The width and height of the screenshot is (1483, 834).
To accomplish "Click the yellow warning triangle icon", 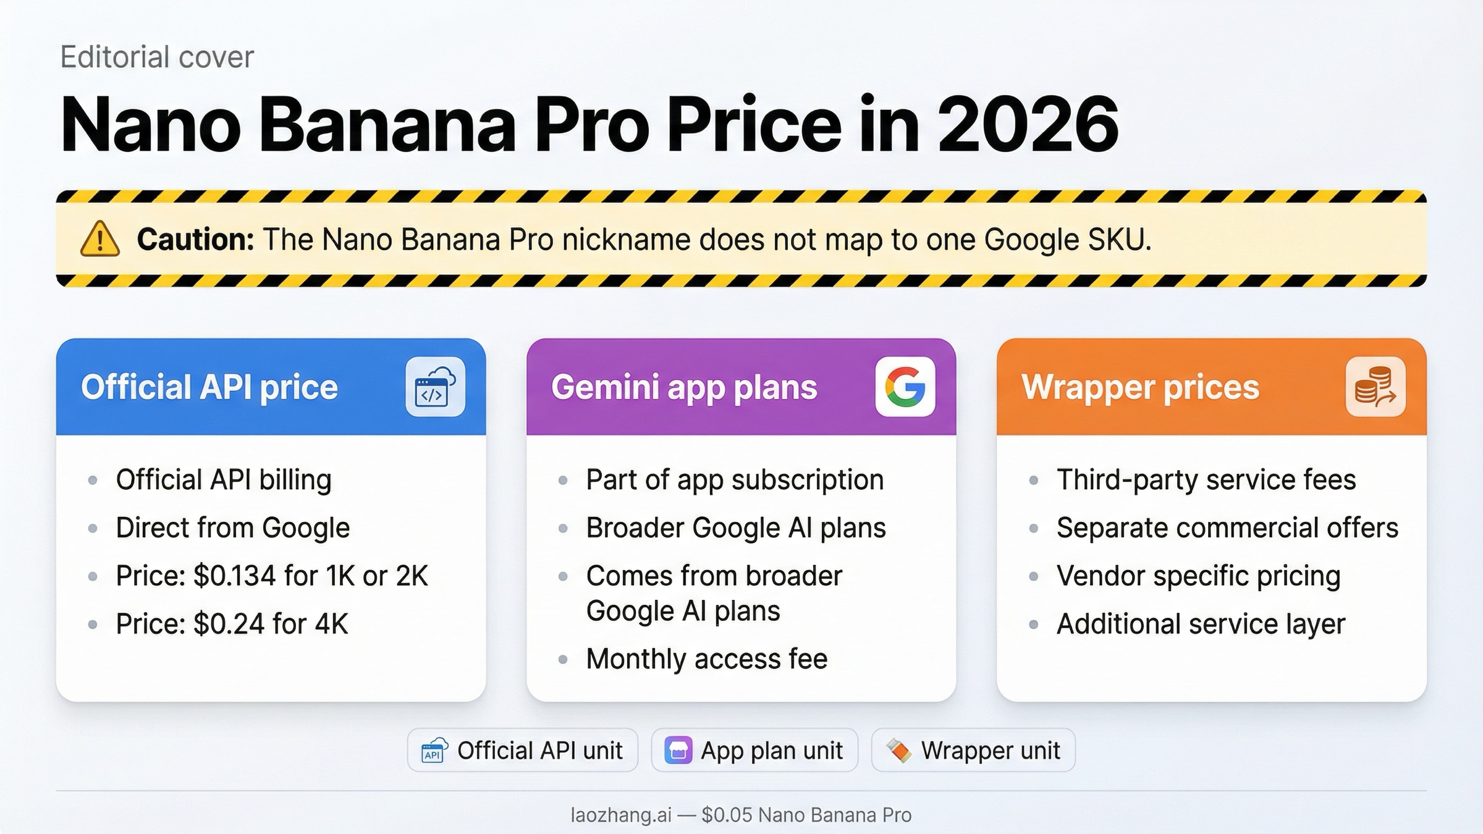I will point(99,239).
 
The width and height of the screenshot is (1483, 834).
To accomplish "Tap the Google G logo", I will point(905,387).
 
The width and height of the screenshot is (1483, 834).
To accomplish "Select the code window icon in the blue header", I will point(435,387).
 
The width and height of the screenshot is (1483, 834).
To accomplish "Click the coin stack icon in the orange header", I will point(1375,387).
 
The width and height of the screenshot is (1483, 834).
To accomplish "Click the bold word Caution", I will point(195,240).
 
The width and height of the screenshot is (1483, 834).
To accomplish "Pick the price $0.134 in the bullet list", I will point(235,576).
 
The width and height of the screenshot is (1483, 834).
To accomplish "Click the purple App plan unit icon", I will point(678,751).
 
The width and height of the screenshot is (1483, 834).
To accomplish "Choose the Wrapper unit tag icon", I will point(898,751).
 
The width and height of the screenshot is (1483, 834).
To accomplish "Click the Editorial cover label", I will point(157,57).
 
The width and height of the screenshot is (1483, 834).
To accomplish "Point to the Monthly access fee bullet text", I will point(706,659).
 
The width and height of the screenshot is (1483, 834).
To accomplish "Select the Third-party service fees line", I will point(1206,480).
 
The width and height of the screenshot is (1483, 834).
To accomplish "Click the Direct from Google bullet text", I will point(232,528).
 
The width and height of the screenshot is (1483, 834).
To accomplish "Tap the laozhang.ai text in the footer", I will point(620,815).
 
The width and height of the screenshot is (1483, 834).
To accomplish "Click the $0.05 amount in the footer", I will point(727,815).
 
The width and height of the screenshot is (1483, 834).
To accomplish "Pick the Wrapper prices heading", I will point(1140,387).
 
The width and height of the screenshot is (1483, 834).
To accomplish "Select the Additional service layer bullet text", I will point(1201,624).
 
